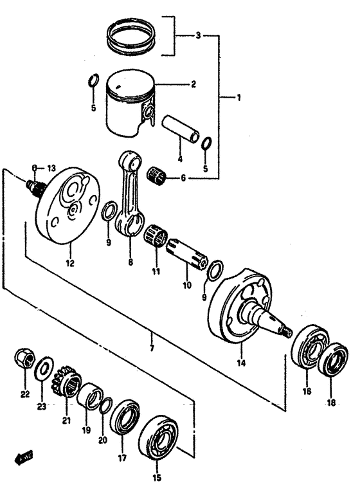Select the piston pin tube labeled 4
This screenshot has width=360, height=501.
182,129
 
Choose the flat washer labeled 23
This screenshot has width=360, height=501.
43,369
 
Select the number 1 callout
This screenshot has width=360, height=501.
238,98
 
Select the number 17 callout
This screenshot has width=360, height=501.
122,458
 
